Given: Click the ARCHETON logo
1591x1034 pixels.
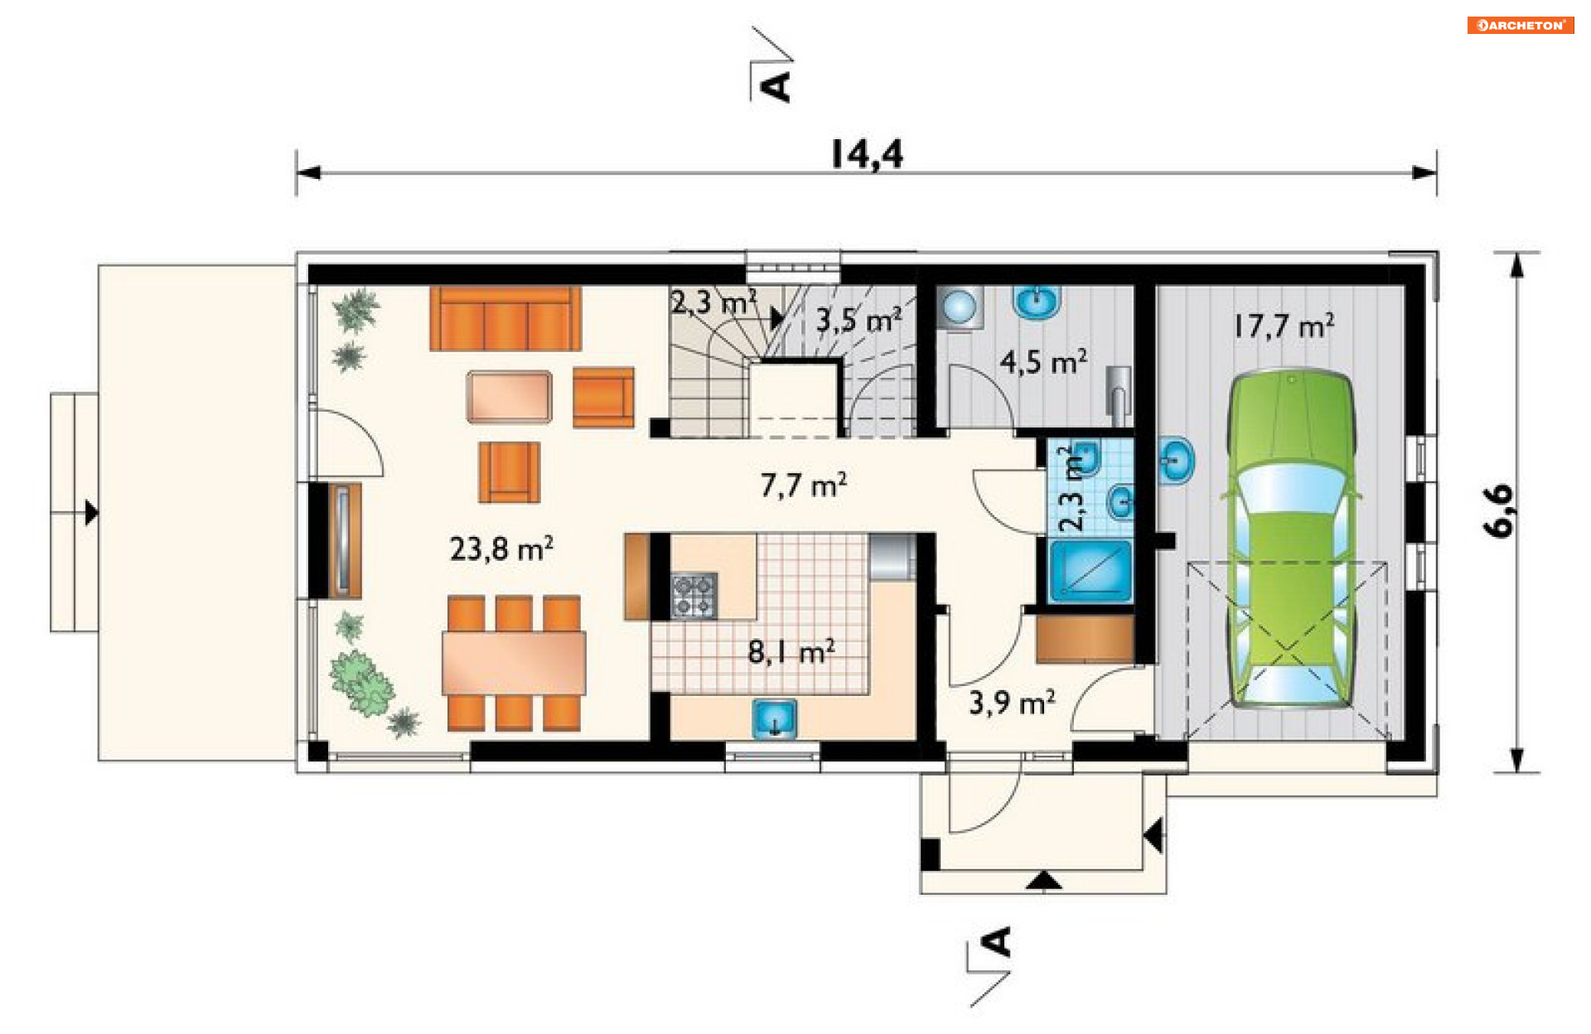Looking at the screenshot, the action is click(x=1520, y=25).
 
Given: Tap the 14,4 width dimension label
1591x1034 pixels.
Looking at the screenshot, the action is click(x=867, y=153).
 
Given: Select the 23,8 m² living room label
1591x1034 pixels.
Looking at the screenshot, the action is click(x=501, y=548).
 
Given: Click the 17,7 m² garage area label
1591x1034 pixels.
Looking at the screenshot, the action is click(x=1284, y=326).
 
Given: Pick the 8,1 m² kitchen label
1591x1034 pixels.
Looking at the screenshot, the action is click(x=791, y=652).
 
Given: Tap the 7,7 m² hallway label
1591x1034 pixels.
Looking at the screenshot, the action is click(x=803, y=485).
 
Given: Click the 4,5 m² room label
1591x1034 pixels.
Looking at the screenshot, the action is click(x=1043, y=362).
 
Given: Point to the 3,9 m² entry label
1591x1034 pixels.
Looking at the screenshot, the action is click(x=1012, y=703).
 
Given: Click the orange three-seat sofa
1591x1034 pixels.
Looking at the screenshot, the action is click(x=505, y=319).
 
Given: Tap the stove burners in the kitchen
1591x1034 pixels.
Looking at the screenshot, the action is click(x=694, y=595).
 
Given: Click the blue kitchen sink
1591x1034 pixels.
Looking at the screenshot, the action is click(x=775, y=718).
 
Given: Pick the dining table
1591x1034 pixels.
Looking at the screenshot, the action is click(x=514, y=663).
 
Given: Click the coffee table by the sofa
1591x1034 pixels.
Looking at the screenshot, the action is click(x=509, y=397).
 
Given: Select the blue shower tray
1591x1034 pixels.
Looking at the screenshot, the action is click(x=1090, y=570).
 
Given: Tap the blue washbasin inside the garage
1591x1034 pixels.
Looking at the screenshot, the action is click(x=1176, y=461).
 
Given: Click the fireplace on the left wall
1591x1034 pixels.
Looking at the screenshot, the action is click(x=343, y=540).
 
